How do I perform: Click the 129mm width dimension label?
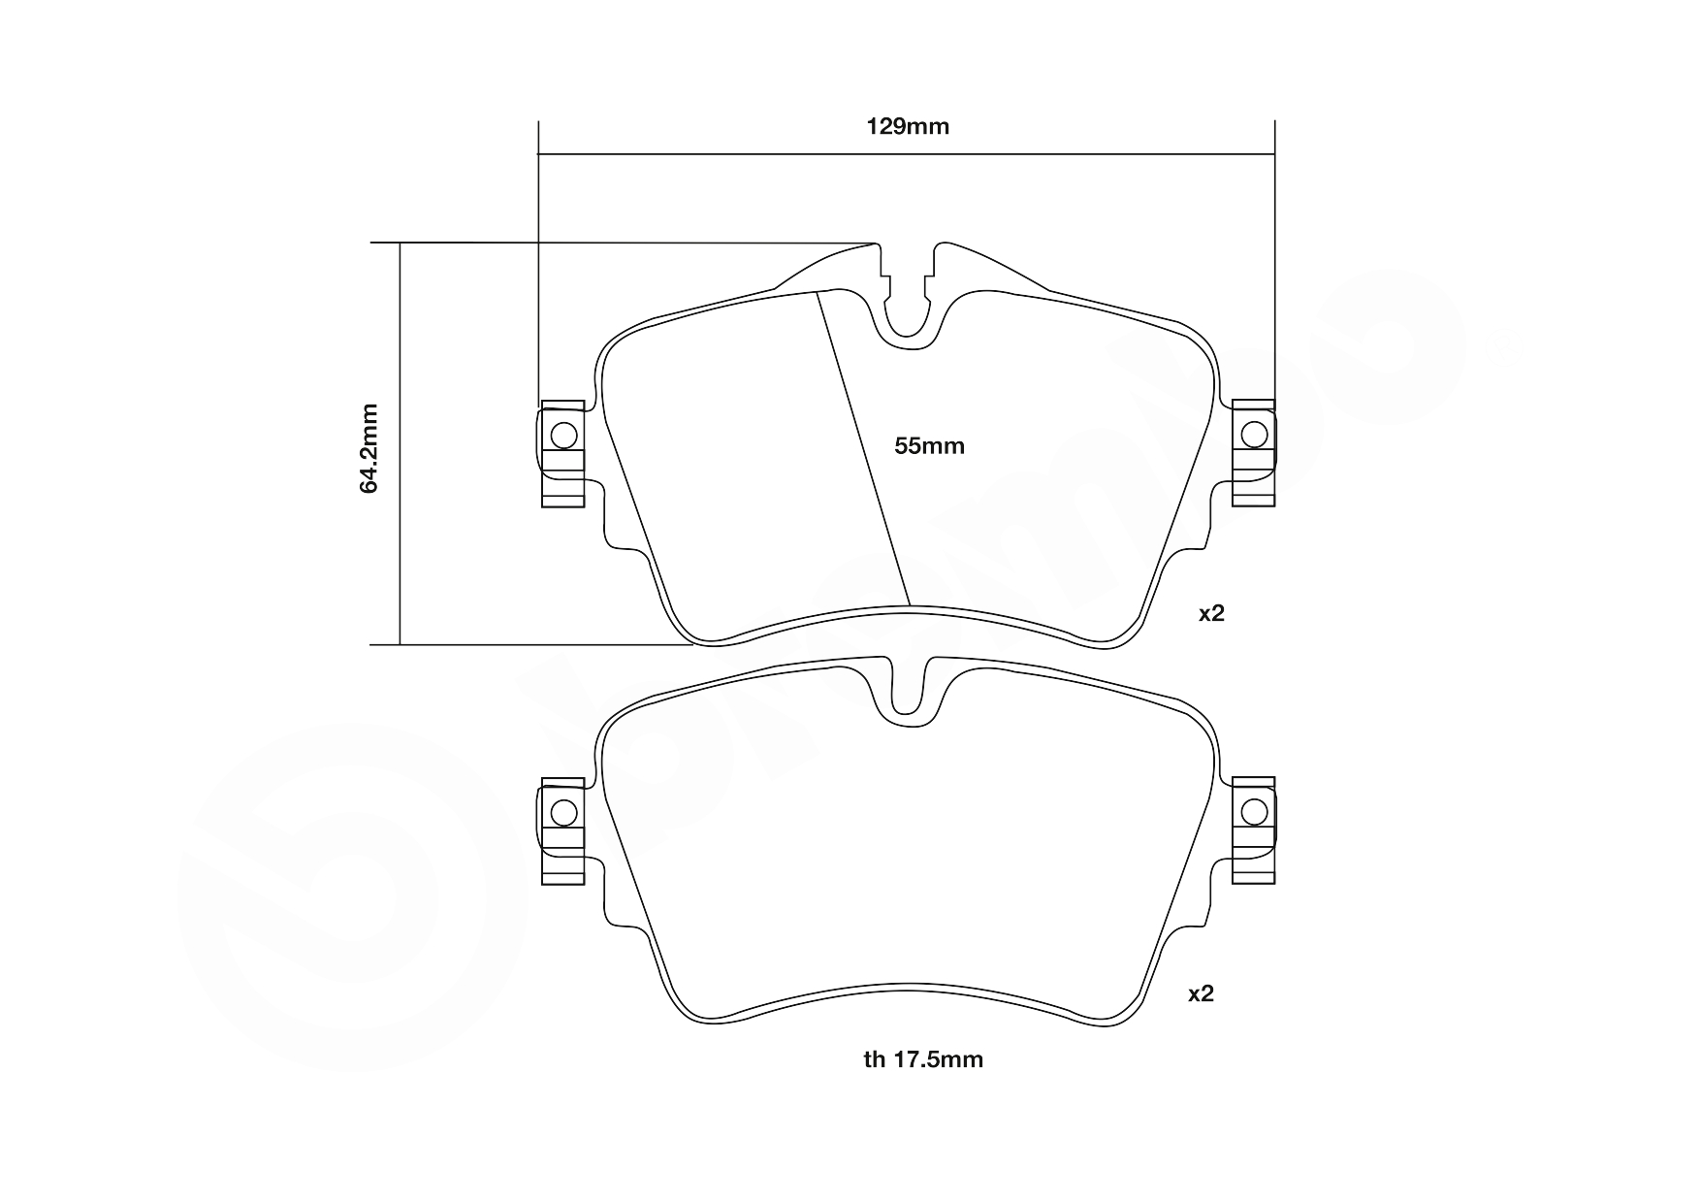point(907,126)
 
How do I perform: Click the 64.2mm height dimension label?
point(369,448)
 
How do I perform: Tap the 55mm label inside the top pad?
point(929,446)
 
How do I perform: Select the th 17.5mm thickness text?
point(923,1059)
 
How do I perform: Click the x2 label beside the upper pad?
point(1211,613)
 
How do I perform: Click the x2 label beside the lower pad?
point(1201,993)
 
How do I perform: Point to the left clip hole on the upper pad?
point(563,435)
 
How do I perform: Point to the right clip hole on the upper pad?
point(1254,434)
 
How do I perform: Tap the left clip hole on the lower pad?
point(563,812)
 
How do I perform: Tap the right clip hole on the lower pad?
point(1254,811)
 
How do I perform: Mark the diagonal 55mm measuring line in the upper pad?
point(863,446)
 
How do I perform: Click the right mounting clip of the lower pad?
point(1253,830)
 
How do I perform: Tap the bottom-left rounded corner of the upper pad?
point(700,635)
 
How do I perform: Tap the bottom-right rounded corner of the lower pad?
point(1117,1015)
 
